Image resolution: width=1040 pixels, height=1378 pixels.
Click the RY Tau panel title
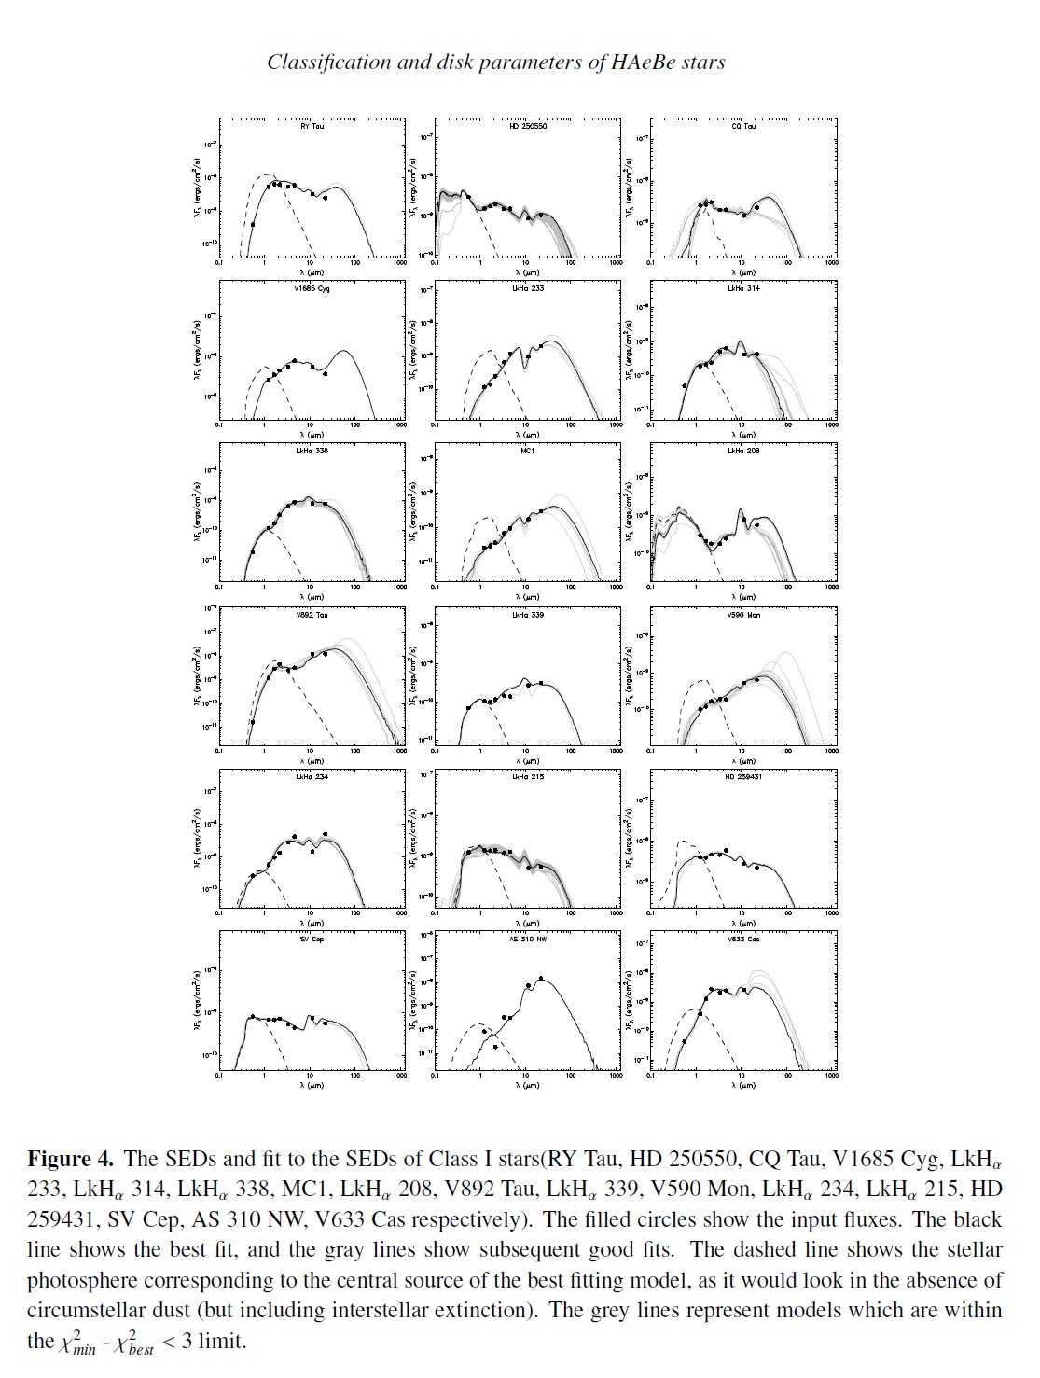[312, 126]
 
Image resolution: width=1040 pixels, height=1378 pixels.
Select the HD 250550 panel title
[528, 126]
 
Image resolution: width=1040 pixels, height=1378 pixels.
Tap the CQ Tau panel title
[743, 126]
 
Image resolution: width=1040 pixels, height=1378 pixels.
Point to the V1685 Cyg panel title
[312, 288]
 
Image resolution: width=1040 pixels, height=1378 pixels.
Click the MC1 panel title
[528, 452]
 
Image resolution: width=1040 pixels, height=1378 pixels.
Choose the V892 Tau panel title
[312, 615]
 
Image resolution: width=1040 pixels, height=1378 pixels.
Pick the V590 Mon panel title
[743, 615]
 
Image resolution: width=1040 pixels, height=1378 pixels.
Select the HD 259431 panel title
[743, 777]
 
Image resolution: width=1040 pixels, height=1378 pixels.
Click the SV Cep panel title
[312, 940]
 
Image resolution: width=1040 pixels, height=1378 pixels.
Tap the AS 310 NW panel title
[528, 940]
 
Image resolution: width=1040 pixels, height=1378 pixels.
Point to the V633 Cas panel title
[743, 940]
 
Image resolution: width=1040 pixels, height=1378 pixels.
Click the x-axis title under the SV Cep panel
[312, 1086]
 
